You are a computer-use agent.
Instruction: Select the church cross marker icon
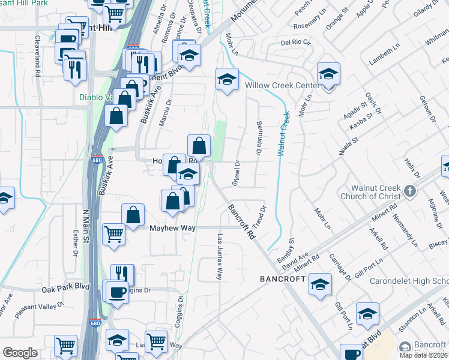[409, 192]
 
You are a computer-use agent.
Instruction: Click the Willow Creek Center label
[281, 85]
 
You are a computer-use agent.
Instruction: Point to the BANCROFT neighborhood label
[283, 280]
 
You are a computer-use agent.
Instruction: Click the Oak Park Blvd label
[65, 289]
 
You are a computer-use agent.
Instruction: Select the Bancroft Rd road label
[242, 222]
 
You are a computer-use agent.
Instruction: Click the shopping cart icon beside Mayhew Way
[113, 233]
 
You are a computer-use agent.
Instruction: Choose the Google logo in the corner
[20, 353]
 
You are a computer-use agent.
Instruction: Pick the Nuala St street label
[348, 146]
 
